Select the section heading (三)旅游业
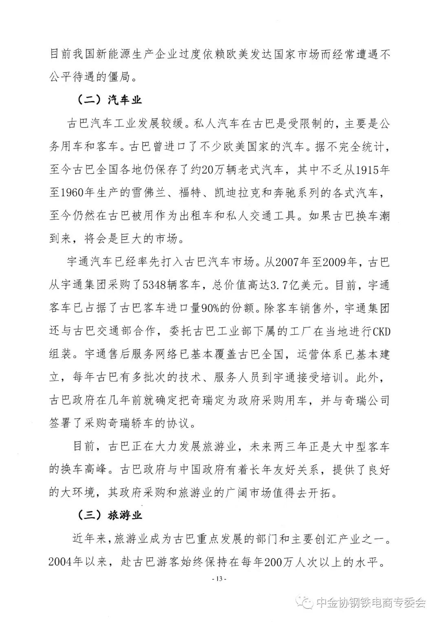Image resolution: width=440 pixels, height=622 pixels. click(110, 515)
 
